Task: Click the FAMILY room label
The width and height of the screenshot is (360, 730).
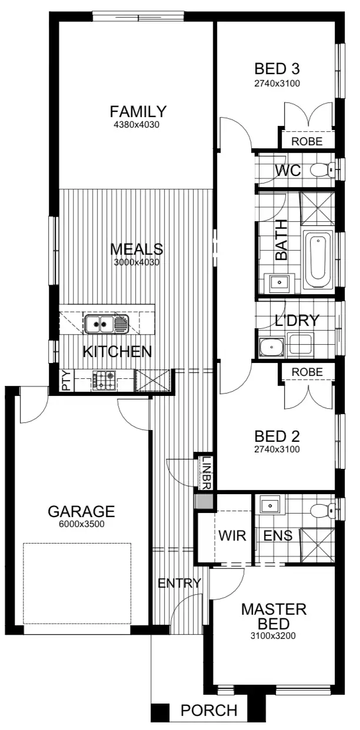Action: click(138, 111)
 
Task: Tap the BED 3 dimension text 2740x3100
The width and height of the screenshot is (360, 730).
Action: click(277, 84)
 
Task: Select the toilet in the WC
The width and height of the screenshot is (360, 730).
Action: click(321, 171)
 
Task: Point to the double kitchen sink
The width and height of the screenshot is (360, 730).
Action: click(99, 322)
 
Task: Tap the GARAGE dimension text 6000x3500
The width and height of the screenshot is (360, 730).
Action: click(81, 525)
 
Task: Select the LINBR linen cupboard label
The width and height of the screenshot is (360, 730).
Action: click(206, 471)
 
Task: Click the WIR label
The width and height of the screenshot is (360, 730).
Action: click(228, 536)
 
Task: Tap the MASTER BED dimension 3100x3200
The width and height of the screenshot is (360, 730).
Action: click(274, 635)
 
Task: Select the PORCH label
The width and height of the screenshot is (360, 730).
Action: click(209, 711)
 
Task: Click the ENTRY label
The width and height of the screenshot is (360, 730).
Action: click(179, 584)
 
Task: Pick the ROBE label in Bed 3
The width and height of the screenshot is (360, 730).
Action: click(307, 141)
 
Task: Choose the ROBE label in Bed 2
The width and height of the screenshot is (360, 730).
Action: click(307, 372)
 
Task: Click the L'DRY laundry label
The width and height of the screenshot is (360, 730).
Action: click(297, 321)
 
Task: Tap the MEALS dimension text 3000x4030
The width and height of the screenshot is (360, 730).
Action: click(137, 262)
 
